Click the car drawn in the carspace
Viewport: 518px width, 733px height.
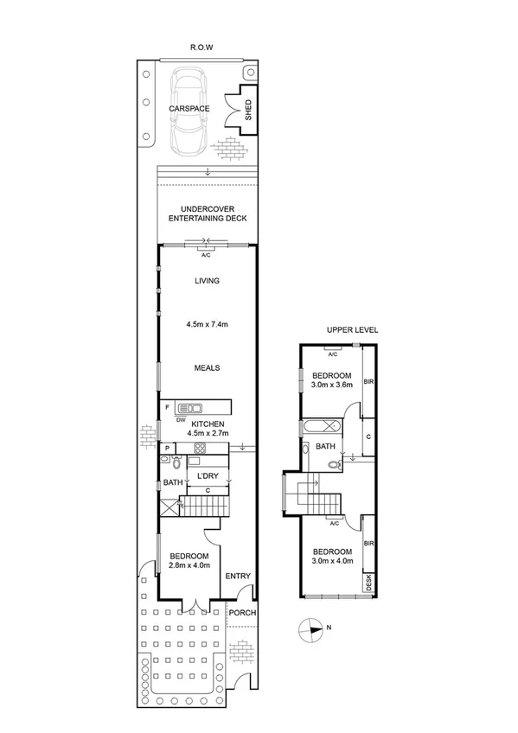pyautogui.click(x=190, y=109)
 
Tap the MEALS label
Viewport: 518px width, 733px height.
pyautogui.click(x=207, y=367)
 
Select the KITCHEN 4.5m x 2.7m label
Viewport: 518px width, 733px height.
pyautogui.click(x=208, y=428)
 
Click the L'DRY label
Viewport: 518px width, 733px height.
pyautogui.click(x=208, y=476)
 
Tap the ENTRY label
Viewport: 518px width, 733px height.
pyautogui.click(x=237, y=577)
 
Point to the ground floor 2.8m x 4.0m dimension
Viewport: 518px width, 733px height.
pyautogui.click(x=189, y=566)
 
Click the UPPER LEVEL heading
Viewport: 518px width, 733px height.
pyautogui.click(x=352, y=330)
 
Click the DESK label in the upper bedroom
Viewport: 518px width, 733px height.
pyautogui.click(x=368, y=583)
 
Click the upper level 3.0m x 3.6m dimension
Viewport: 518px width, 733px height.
pyautogui.click(x=332, y=386)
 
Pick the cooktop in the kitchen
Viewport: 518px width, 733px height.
pyautogui.click(x=200, y=448)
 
